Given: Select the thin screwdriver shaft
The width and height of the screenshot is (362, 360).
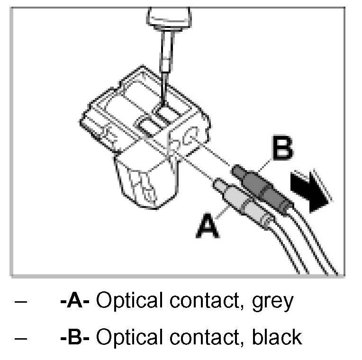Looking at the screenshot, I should (165, 66).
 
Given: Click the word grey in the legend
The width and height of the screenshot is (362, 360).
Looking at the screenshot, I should (271, 301).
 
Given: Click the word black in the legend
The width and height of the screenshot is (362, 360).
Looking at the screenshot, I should (277, 337).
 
